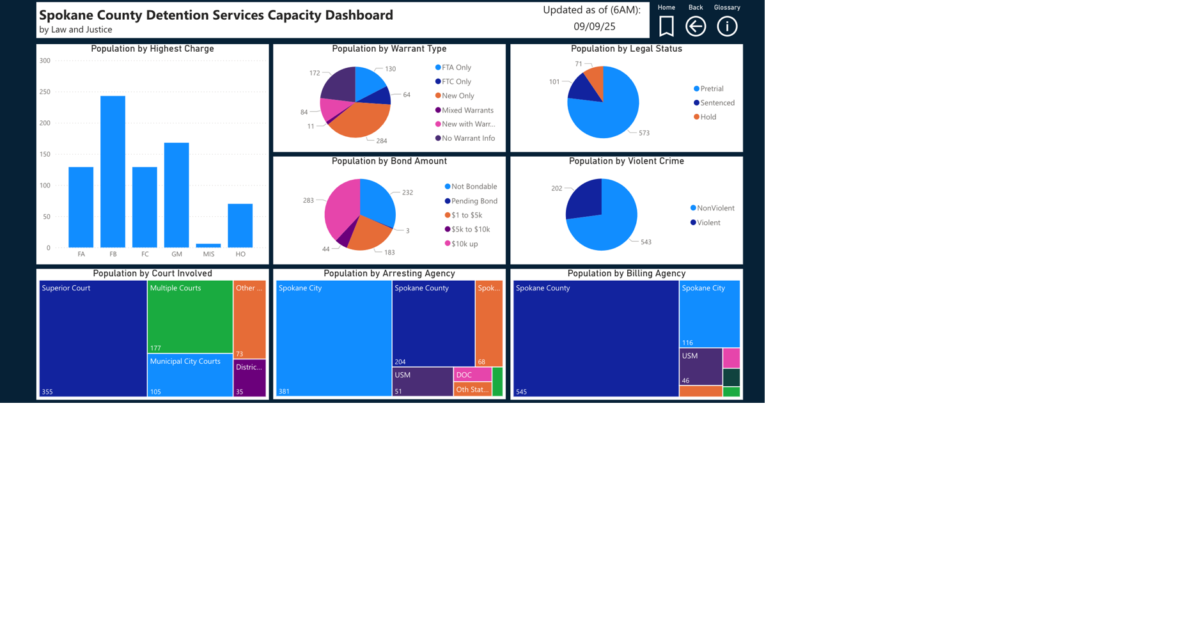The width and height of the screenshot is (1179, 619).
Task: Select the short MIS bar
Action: pos(208,246)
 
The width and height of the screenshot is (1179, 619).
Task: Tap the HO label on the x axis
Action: pos(240,254)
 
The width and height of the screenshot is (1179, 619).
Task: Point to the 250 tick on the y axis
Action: pos(45,92)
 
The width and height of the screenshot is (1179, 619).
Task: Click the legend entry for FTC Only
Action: pos(456,81)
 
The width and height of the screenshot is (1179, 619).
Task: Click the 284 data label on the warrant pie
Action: pos(382,141)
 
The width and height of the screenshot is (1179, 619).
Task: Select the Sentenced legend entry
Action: pos(717,103)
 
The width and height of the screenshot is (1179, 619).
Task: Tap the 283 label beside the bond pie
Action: pos(308,200)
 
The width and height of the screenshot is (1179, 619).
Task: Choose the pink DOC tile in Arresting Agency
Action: pos(472,375)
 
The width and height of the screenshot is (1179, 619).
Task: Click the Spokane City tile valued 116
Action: pos(709,314)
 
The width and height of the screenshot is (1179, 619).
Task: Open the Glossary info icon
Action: pos(727,26)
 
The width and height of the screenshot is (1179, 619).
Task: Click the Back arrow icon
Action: pos(696,26)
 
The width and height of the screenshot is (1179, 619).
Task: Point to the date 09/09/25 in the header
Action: pos(594,26)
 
